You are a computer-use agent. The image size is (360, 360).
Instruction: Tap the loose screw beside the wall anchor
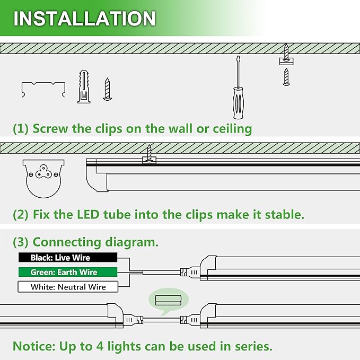107,89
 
